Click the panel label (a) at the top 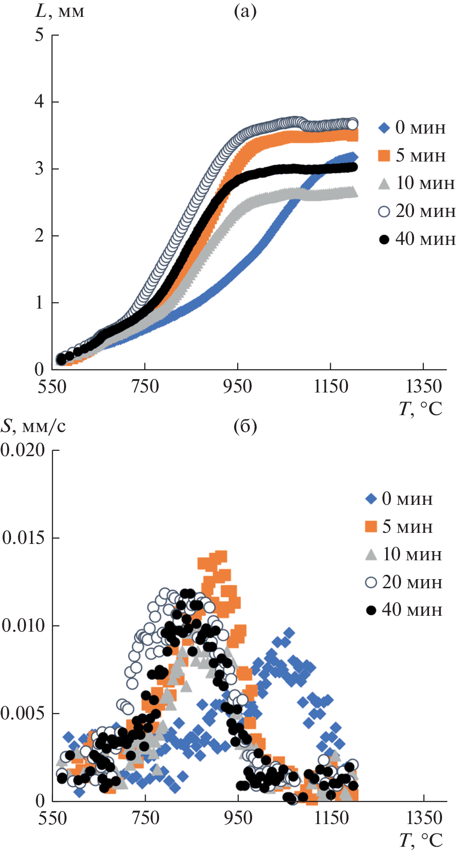click(x=245, y=11)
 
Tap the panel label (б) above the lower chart click(x=245, y=426)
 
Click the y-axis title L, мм click(x=60, y=11)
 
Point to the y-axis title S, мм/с click(x=33, y=426)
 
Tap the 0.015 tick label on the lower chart click(x=24, y=538)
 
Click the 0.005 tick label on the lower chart click(x=23, y=713)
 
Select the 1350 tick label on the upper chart click(x=423, y=386)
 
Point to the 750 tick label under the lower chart click(x=145, y=818)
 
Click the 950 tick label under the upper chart click(x=238, y=386)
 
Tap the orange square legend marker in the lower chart click(x=371, y=526)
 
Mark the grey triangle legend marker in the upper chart click(x=384, y=184)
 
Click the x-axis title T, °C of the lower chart click(x=420, y=840)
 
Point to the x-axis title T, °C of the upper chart click(x=420, y=409)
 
